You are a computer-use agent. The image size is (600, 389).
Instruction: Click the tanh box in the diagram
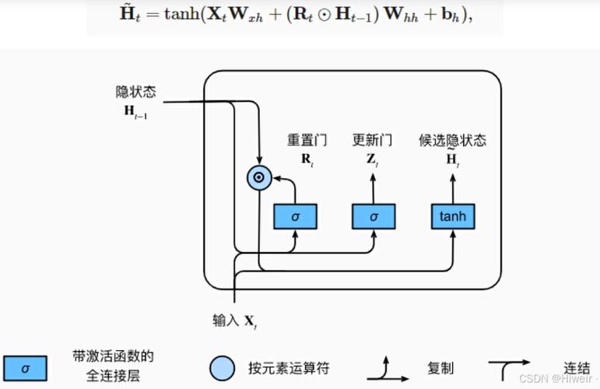(453, 216)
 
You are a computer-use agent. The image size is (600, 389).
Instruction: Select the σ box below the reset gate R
(295, 216)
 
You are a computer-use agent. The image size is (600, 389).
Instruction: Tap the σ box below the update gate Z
(374, 216)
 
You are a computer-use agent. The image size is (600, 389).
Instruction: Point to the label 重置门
(307, 141)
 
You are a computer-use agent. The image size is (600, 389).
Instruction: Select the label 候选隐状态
(452, 141)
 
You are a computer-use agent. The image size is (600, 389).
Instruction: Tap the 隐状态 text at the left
(136, 93)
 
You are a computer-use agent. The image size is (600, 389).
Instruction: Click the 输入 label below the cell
(226, 320)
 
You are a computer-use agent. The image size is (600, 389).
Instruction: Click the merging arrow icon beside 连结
(510, 366)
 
